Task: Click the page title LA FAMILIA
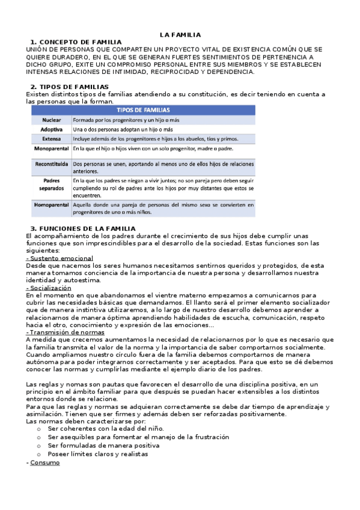180,35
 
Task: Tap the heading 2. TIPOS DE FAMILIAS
70,87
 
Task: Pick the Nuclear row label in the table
52,120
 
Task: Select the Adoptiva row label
52,129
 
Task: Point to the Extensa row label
52,138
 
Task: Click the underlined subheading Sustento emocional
60,258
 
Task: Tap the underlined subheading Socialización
49,288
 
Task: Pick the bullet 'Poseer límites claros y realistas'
97,455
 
